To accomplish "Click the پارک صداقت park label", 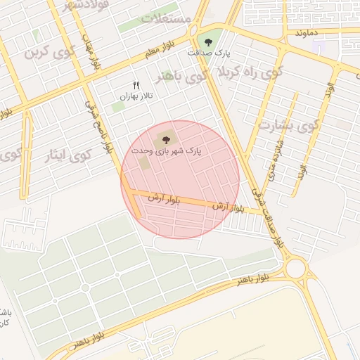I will coord(208,53).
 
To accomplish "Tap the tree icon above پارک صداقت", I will coord(208,40).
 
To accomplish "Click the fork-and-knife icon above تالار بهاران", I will coord(136,84).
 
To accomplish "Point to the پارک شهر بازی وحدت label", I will coord(166,150).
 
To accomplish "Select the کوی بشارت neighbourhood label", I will coord(288,125).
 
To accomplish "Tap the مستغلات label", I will coord(166,18).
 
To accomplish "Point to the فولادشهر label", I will coord(70,6).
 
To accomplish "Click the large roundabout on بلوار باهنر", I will coord(296,268).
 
